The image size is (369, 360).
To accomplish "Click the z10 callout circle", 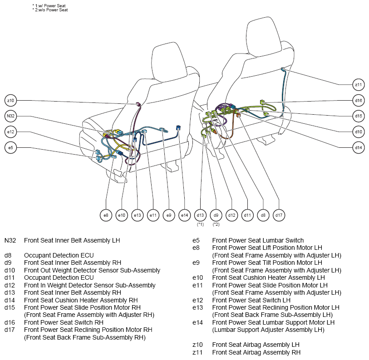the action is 10,101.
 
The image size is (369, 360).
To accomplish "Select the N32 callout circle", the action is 10,116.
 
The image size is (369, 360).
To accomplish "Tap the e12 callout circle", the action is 10,132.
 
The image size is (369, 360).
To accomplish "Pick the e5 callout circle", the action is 10,148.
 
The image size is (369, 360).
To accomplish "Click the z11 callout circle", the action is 359,85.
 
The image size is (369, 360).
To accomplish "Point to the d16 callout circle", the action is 359,101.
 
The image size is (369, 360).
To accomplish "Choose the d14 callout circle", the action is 359,148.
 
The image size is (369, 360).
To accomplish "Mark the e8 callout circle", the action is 106,215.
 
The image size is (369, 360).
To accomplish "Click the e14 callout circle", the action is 184,215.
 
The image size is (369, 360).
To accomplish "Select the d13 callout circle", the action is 200,215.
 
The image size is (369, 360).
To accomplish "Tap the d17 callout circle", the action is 279,215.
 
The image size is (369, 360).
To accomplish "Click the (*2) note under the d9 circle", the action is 216,224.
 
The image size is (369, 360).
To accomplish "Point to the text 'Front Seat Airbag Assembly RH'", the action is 256,352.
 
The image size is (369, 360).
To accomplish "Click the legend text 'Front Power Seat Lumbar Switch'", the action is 258,240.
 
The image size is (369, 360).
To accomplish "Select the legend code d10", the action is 10,270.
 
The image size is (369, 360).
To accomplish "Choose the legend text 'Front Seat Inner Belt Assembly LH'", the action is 72,240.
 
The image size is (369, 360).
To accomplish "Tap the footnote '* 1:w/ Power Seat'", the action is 49,5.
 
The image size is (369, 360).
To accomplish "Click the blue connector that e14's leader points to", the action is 178,128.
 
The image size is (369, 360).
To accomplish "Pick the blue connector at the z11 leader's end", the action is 282,69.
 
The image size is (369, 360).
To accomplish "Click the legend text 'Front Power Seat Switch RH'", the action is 64,322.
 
